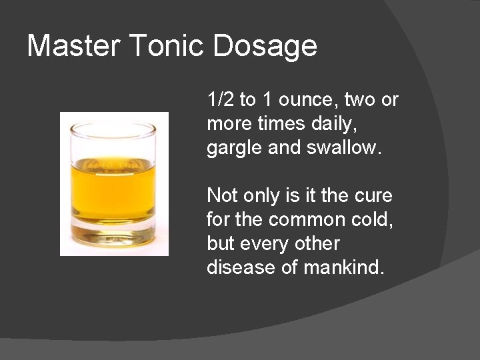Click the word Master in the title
(x=73, y=46)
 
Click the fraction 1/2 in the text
(x=221, y=100)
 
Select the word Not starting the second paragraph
(x=221, y=196)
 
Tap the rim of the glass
(x=114, y=125)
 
